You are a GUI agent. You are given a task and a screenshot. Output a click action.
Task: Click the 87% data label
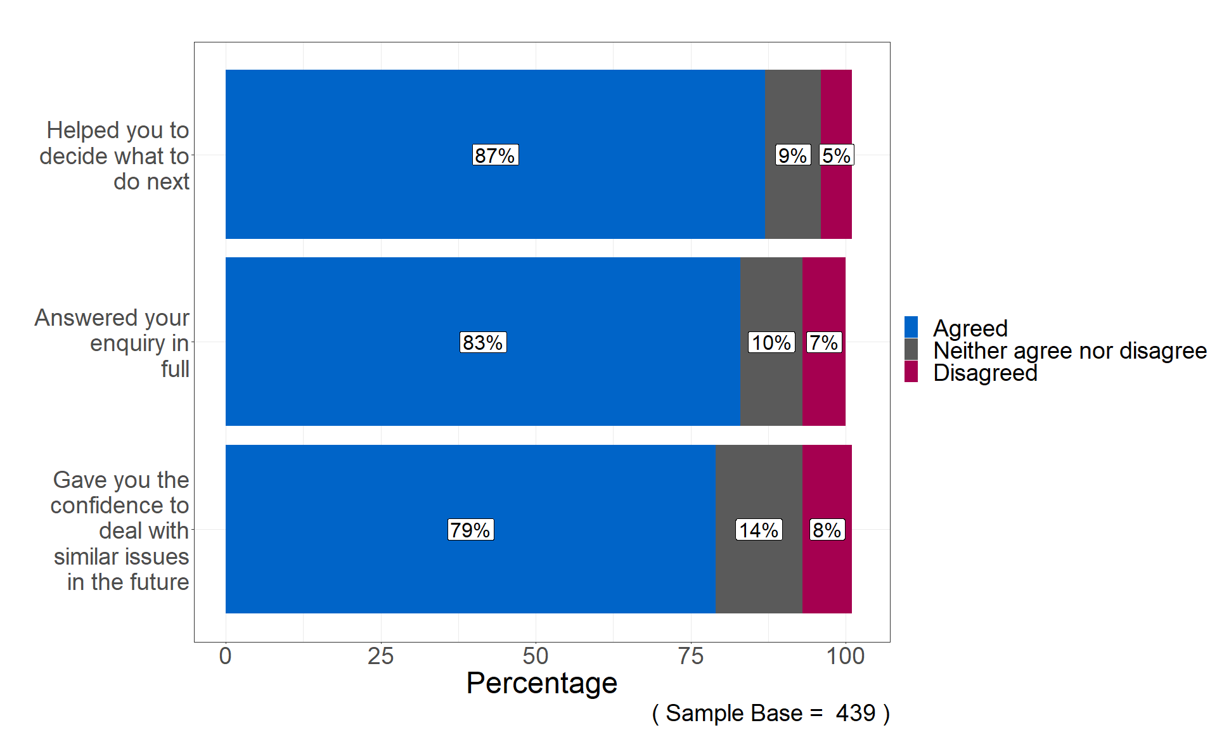495,155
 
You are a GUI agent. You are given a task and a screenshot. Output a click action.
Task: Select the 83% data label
482,343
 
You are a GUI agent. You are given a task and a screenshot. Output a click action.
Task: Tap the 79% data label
470,530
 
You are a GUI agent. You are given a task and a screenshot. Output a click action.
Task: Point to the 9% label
792,155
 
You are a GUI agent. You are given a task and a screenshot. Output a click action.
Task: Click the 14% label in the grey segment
759,530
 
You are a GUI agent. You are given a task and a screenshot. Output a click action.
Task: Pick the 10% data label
771,343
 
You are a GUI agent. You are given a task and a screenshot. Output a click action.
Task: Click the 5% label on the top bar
836,155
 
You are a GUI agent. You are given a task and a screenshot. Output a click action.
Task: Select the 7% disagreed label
824,343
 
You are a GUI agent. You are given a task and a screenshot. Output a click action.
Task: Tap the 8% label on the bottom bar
827,530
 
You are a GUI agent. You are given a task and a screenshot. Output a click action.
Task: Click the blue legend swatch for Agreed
911,328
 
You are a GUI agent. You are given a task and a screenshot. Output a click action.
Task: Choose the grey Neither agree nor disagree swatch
911,350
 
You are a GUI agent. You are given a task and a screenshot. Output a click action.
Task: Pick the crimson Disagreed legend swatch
911,372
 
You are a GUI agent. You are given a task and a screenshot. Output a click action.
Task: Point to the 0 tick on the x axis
225,656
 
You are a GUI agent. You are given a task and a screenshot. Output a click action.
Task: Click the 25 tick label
380,656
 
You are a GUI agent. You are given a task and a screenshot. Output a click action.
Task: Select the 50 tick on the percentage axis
536,656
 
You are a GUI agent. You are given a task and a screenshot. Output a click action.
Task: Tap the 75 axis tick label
690,656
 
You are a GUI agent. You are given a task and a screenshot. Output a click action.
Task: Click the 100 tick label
846,656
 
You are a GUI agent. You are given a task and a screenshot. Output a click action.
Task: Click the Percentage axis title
541,683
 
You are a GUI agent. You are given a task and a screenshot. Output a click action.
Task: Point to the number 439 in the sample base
855,714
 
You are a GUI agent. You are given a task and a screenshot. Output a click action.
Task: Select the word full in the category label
175,369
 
